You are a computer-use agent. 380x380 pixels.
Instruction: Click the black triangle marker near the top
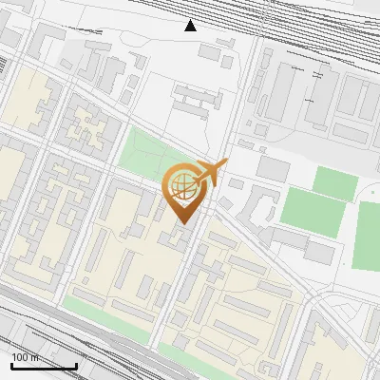(x=190, y=26)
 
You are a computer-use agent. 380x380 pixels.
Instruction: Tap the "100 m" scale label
(x=26, y=358)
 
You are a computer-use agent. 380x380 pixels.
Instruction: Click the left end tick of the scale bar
(x=11, y=365)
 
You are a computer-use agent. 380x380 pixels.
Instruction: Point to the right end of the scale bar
(x=76, y=365)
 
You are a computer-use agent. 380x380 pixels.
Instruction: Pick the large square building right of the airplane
(x=274, y=168)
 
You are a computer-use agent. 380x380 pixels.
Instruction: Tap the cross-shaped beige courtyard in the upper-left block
(x=90, y=128)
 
